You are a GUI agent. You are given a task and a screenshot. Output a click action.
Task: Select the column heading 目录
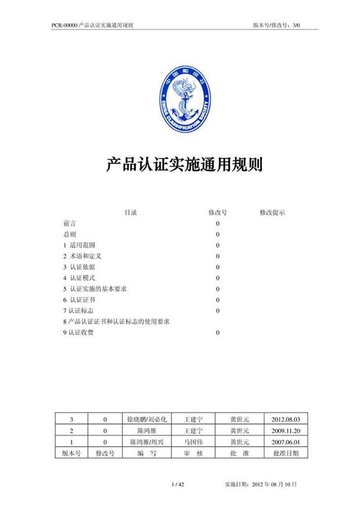click(130, 212)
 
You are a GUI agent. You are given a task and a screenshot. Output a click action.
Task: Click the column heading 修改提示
click(272, 212)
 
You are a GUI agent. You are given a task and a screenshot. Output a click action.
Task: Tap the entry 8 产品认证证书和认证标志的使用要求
click(117, 321)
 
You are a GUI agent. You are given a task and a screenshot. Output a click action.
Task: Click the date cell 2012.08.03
click(286, 419)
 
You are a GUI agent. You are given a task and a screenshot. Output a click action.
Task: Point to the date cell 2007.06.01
click(286, 442)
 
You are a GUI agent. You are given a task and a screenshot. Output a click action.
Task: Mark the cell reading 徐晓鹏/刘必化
click(146, 419)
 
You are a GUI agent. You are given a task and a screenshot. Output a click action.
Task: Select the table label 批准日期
click(286, 453)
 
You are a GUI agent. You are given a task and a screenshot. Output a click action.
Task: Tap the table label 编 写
click(146, 453)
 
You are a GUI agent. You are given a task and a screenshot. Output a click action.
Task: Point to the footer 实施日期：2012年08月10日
click(259, 483)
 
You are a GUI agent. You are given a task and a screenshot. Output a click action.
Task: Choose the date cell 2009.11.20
click(286, 430)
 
